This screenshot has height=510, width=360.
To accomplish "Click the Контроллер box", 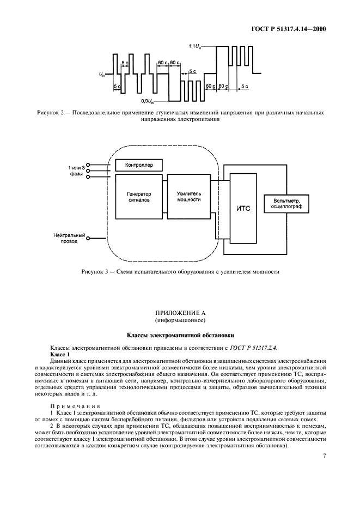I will coord(139,165).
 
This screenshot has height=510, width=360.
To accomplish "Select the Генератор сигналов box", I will coord(139,197).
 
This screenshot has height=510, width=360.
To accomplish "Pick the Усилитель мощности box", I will coord(189,197).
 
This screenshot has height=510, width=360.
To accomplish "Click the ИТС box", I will coord(243,209).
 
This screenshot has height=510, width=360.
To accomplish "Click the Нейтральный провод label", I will coord(70,238).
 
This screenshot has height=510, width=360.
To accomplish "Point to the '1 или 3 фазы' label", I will coord(76,170).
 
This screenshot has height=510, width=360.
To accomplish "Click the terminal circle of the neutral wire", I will coord(89,238).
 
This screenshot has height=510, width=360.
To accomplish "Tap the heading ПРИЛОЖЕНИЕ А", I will coord(180,313).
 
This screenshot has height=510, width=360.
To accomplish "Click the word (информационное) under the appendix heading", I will coord(180,320).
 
